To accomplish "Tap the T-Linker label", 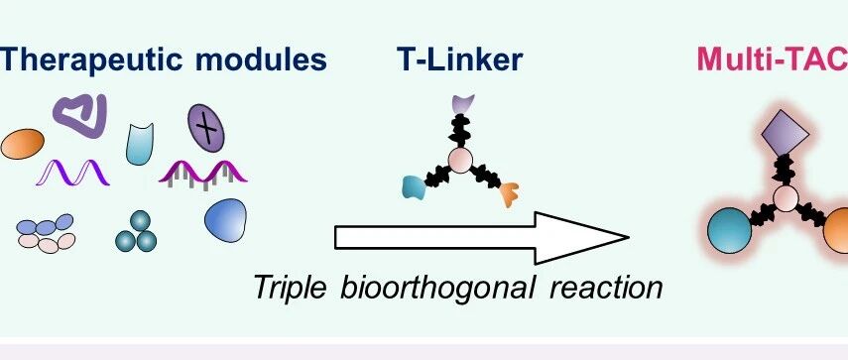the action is (x=459, y=59).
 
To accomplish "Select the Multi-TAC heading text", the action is (x=773, y=59).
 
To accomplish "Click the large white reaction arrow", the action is (x=481, y=238).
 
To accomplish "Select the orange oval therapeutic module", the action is (x=22, y=144).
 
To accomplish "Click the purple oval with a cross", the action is (x=206, y=128).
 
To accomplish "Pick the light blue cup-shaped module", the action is (x=140, y=144).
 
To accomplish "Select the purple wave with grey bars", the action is (x=202, y=175).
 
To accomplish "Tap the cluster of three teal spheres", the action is (x=136, y=232).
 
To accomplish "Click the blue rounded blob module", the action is (x=225, y=220).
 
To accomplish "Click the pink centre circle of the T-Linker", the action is (x=461, y=161).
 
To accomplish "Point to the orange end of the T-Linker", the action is (x=509, y=194).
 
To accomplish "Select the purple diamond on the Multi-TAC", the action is (x=786, y=133).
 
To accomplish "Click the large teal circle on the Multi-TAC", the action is (x=730, y=230).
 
